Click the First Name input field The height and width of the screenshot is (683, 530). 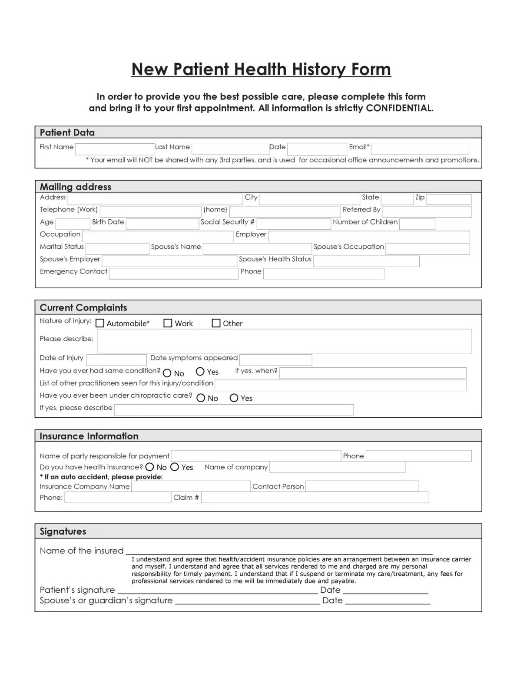coord(115,149)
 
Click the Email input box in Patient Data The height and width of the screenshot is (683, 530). coord(420,149)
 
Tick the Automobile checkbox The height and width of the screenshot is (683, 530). coord(100,323)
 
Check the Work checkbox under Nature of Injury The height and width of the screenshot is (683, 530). coord(168,323)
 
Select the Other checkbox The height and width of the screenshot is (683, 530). coord(216,323)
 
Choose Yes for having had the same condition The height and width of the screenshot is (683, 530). coord(200,371)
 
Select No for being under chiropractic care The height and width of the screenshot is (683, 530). coord(201,398)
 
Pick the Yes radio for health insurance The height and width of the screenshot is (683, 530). coord(175,467)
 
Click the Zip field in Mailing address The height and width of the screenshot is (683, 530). coord(448,199)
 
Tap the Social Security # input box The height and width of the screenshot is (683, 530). coord(294,224)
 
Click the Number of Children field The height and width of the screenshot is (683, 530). coord(417,224)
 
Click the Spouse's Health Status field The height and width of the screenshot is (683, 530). coord(366,261)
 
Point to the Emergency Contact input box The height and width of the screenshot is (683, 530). coord(173,274)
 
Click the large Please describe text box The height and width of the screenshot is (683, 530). coord(284,341)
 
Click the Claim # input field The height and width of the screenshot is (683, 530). coord(315,497)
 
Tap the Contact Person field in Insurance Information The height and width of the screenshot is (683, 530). coord(362,486)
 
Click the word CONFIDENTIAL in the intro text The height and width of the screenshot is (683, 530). coord(399,108)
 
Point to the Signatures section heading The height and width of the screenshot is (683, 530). coord(63,531)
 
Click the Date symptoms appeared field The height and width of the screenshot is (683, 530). coord(275,360)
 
